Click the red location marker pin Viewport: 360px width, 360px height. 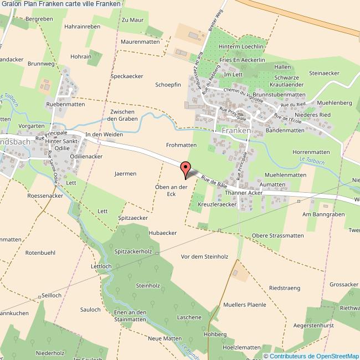click(186, 168)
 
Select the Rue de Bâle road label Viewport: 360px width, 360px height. click(214, 180)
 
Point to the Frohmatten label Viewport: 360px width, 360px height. click(181, 145)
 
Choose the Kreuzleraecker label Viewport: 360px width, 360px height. click(217, 204)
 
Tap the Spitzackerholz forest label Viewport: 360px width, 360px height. click(133, 251)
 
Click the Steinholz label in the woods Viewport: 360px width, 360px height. click(147, 286)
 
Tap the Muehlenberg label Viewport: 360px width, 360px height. click(336, 103)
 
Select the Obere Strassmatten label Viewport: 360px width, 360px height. click(277, 235)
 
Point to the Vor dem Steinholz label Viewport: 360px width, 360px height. click(205, 256)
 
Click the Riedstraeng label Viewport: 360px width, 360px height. click(284, 288)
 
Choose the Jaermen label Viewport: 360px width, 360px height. click(125, 173)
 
